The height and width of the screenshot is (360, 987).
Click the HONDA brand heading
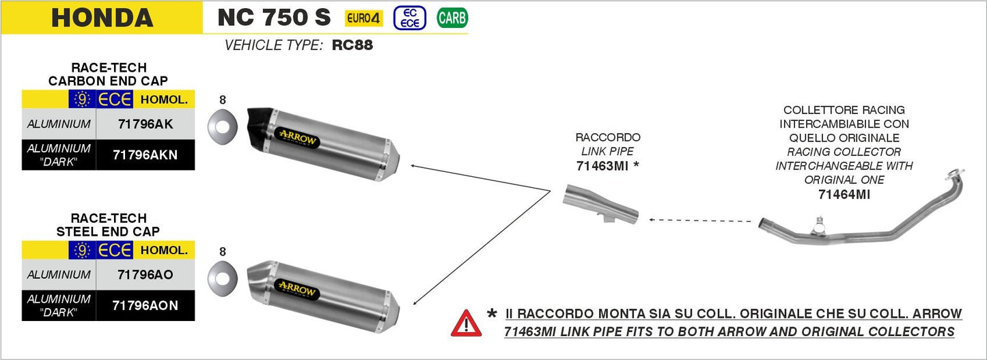click(102, 18)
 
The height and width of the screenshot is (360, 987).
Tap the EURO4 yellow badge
click(363, 18)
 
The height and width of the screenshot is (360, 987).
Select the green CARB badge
click(452, 18)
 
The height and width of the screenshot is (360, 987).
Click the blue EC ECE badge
click(410, 18)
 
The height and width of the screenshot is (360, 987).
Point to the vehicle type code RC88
click(352, 45)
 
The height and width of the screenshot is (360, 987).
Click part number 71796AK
click(145, 124)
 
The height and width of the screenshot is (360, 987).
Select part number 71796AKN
click(145, 155)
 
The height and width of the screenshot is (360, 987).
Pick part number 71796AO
click(145, 275)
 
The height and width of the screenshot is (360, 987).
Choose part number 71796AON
click(145, 306)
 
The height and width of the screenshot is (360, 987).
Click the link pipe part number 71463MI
click(602, 166)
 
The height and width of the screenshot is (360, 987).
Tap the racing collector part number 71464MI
click(844, 194)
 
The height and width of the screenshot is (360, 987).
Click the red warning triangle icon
click(467, 323)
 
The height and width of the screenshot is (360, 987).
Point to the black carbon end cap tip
click(260, 127)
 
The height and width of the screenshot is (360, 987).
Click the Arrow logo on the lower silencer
click(297, 290)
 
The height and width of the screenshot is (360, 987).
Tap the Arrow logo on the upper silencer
click(297, 138)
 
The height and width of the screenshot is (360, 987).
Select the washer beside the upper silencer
click(223, 127)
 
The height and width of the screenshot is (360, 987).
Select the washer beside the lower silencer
click(223, 279)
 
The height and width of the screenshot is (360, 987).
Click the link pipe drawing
click(600, 204)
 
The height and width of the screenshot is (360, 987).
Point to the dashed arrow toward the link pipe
click(701, 221)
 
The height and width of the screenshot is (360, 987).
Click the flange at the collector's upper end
click(954, 174)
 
